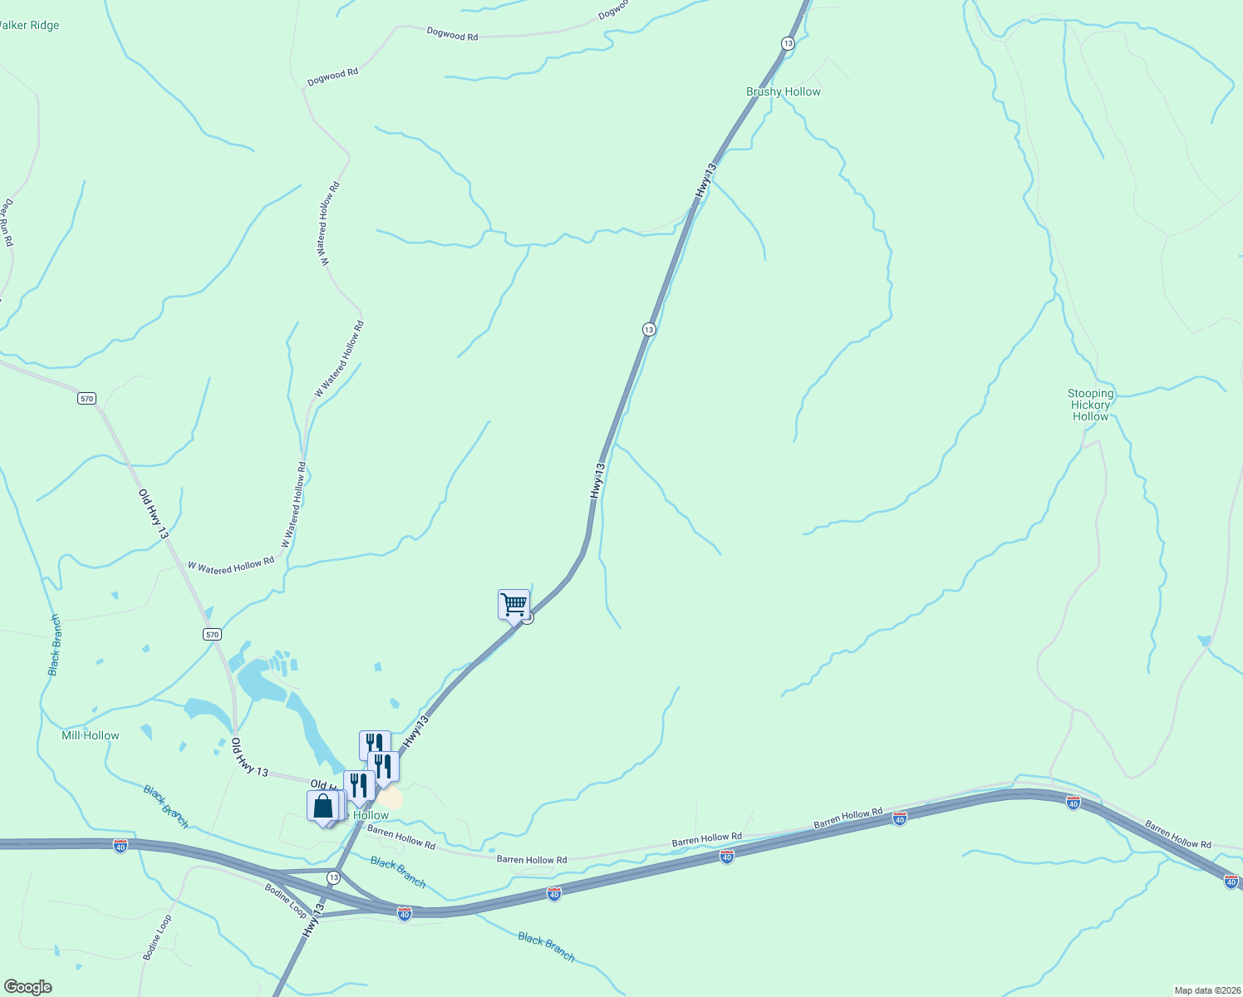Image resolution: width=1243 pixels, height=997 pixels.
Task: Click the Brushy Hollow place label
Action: point(783,92)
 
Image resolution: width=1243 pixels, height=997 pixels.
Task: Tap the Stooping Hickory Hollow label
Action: point(1090,405)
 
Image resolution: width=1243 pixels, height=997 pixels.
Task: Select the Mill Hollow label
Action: point(90,735)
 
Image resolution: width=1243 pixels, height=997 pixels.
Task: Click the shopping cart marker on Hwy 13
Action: point(513,604)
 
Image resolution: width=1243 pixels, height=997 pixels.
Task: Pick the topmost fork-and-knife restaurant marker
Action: point(375,744)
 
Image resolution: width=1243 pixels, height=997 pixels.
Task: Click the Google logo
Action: point(28,987)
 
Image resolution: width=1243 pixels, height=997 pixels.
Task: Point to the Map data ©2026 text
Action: point(1206,990)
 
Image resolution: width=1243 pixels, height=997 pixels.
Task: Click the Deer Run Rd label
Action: point(7,222)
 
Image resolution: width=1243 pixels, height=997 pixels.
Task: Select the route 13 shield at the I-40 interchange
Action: point(333,877)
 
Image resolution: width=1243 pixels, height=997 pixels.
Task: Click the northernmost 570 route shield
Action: point(87,399)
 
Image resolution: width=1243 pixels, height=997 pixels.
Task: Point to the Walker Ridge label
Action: point(29,26)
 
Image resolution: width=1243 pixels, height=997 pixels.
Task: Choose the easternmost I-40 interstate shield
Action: point(1231,881)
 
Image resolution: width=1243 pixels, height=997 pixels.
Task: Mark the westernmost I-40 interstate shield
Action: point(120,846)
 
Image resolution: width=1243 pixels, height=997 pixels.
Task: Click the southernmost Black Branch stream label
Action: point(546,947)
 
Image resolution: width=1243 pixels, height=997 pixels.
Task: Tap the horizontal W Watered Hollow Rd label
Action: point(230,565)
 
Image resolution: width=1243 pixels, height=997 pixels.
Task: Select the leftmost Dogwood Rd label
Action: point(332,76)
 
